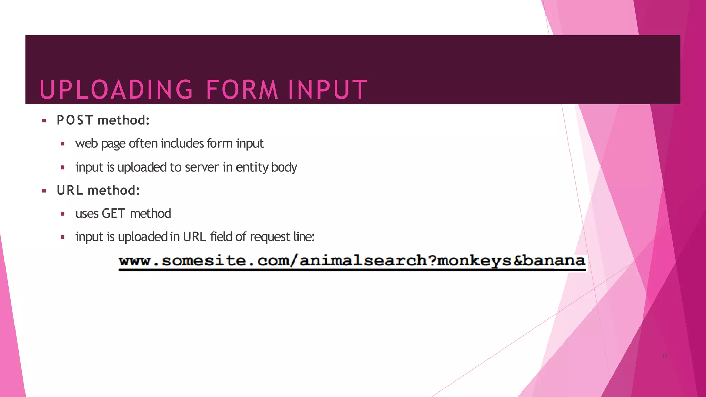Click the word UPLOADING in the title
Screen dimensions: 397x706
point(117,90)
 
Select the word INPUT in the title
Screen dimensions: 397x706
point(328,90)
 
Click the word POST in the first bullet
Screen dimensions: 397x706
point(75,120)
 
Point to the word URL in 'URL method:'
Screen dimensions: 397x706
point(70,190)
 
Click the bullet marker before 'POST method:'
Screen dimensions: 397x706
point(44,121)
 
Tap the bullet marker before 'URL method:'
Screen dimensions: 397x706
point(44,191)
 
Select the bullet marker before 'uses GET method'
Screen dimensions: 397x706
point(62,214)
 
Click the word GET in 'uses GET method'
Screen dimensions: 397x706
point(113,214)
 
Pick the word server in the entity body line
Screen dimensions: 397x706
point(202,167)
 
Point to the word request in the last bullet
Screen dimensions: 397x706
point(270,237)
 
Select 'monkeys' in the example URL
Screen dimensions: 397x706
point(474,261)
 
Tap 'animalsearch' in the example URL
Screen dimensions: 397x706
point(363,261)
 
